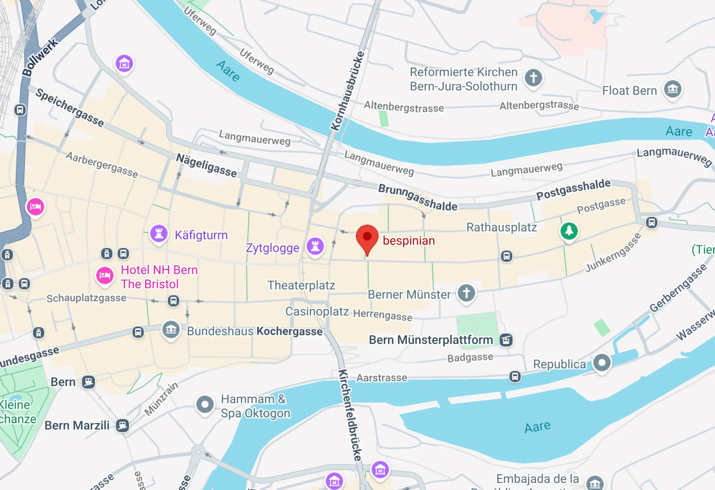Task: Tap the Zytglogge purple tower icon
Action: [315, 246]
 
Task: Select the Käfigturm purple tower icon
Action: [159, 233]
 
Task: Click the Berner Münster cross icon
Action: [466, 293]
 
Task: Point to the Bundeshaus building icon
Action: [171, 329]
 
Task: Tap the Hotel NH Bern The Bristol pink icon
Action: [105, 276]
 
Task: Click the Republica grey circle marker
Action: [602, 363]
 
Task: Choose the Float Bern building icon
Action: [673, 89]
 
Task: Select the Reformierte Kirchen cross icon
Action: [533, 77]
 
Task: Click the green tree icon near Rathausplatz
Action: [569, 231]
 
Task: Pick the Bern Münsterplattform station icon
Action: [506, 340]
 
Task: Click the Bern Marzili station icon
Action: [122, 425]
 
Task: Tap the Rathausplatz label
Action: [502, 227]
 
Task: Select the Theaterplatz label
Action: [301, 285]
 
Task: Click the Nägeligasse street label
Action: [206, 165]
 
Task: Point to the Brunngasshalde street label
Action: [418, 198]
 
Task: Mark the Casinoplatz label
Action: [317, 311]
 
